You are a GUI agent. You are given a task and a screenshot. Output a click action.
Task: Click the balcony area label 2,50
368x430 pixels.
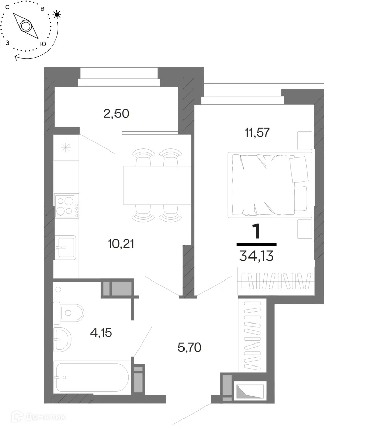click(117, 113)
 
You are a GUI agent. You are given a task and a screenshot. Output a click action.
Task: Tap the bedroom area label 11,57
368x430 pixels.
click(257, 133)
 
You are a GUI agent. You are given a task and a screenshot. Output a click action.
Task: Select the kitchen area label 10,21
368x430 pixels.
click(121, 244)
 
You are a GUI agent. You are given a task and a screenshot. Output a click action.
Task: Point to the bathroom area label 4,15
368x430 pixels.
click(101, 333)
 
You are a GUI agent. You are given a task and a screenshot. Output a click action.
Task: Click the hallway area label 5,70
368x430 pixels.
click(190, 348)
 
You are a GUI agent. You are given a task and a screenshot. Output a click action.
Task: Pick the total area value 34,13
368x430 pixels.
click(256, 256)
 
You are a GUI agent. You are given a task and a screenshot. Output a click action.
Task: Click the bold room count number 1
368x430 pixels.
click(256, 231)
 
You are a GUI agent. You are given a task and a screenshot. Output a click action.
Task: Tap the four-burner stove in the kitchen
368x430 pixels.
click(66, 206)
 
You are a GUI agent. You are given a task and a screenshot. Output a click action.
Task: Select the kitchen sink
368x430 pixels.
click(65, 248)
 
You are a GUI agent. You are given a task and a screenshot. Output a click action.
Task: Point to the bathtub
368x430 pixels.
click(91, 378)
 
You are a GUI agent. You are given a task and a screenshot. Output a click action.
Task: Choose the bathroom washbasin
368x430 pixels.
click(62, 339)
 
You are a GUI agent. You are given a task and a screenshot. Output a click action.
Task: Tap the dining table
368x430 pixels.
click(157, 185)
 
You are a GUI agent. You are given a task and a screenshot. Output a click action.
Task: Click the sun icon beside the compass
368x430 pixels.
click(57, 14)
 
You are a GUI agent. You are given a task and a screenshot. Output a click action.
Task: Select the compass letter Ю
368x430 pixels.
click(43, 44)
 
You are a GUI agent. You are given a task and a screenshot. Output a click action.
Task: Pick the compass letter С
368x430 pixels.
click(7, 7)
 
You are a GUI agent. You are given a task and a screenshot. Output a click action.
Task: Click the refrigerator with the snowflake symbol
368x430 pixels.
click(66, 147)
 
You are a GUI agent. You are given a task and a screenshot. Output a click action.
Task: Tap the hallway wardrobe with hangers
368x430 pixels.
click(252, 335)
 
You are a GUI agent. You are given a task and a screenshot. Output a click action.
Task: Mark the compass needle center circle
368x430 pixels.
click(26, 26)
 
